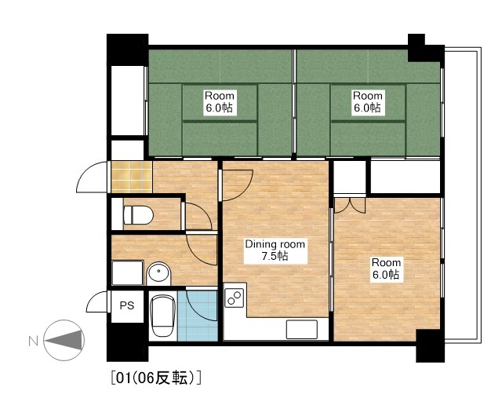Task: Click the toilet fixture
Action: coord(138,215)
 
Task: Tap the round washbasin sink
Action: coord(159,273)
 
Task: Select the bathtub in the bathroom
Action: coord(163,316)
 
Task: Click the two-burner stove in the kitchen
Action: coord(235,298)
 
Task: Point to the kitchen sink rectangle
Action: coord(302,329)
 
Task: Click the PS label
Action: coord(127,305)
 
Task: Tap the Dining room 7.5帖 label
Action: coord(275,250)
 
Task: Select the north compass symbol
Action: coord(64,340)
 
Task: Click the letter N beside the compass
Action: coord(33,341)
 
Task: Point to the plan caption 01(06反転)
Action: coord(156,378)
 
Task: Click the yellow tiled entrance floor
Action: coord(132,177)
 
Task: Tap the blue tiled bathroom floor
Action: coord(198,316)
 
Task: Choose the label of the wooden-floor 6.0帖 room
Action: coord(386,269)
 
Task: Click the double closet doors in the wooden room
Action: coord(350,206)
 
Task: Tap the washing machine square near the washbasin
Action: coord(127,272)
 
